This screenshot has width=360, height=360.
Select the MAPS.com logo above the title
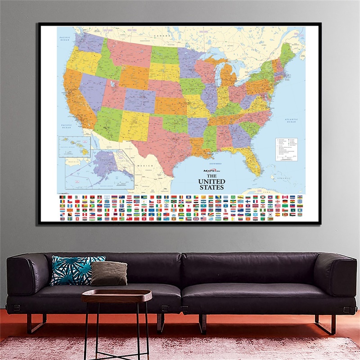tap(211, 171)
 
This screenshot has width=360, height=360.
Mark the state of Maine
tap(288, 52)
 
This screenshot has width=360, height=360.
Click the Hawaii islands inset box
tap(74, 146)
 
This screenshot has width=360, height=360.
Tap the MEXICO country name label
tap(148, 166)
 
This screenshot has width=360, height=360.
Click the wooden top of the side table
tap(117, 295)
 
